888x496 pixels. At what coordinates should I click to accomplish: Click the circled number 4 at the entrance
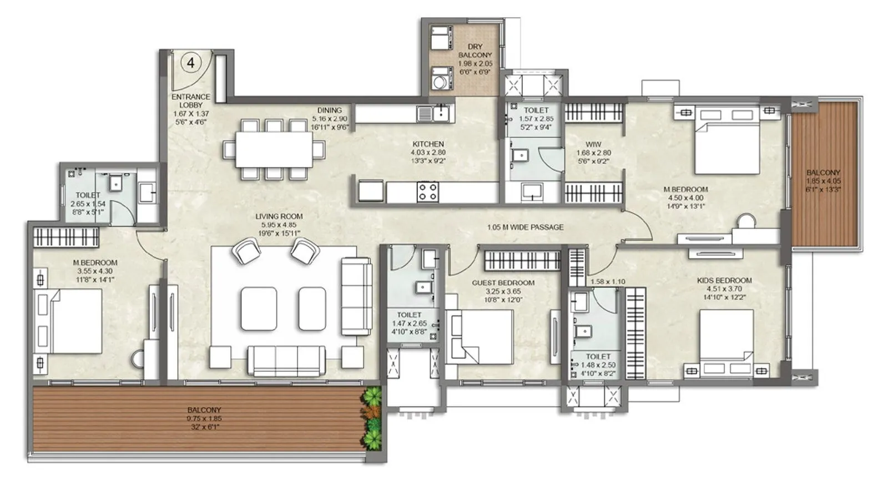(190, 63)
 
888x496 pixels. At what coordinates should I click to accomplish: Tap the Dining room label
(329, 110)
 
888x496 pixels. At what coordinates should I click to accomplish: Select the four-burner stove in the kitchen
(428, 191)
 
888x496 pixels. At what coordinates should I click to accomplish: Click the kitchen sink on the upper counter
(433, 114)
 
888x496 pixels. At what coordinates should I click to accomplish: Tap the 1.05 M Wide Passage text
(525, 227)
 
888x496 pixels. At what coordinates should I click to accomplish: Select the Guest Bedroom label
(503, 282)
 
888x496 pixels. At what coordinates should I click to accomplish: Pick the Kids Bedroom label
(724, 280)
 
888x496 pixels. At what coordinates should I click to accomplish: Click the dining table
(273, 149)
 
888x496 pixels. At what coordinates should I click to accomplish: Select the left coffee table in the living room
(259, 308)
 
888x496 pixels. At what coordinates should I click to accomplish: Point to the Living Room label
(279, 216)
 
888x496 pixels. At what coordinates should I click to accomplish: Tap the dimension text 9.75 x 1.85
(204, 418)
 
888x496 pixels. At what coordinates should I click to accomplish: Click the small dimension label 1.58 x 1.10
(607, 282)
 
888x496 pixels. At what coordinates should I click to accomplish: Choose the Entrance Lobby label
(190, 100)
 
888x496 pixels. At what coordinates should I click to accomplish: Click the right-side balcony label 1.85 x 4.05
(823, 181)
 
